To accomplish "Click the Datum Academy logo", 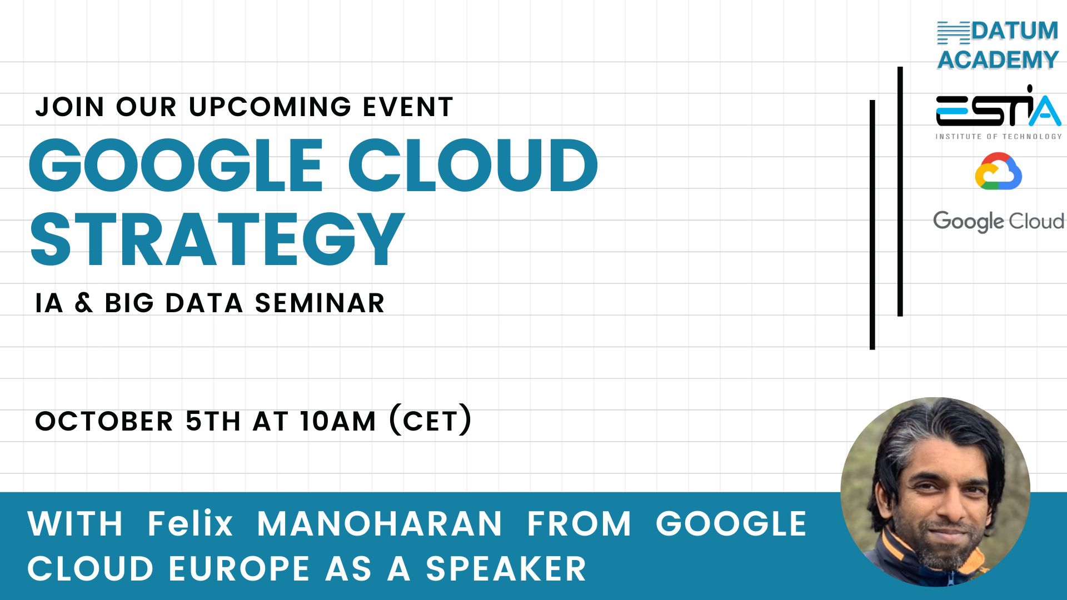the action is click(998, 45).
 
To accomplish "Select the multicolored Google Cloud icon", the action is click(999, 172).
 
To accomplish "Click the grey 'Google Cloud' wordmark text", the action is click(999, 221).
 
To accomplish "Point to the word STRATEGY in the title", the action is click(217, 239).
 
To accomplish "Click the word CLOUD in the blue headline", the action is click(473, 165).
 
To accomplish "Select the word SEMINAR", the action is click(320, 303).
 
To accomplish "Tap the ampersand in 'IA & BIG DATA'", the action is click(84, 303).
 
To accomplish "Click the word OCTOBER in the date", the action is click(104, 421).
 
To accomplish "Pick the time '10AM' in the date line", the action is click(338, 421).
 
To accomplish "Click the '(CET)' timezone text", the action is click(431, 420).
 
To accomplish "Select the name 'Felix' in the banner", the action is click(190, 523).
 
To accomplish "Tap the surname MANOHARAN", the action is click(380, 524).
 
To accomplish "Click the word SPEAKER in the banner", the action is click(506, 569).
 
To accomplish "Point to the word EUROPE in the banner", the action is click(240, 569).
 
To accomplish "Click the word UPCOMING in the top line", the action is click(270, 107).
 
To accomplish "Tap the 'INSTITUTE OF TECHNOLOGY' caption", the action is click(999, 136).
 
